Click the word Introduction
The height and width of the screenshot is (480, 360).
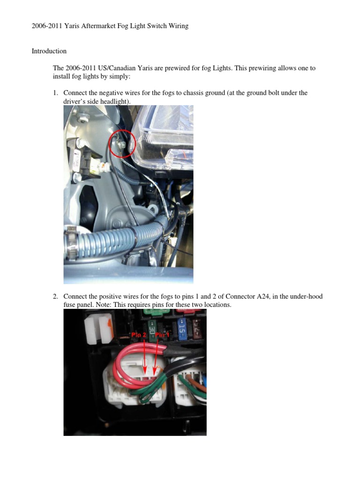tap(49, 51)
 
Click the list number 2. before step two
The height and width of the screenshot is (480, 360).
tap(55, 297)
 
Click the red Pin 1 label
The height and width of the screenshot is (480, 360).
tap(164, 335)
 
